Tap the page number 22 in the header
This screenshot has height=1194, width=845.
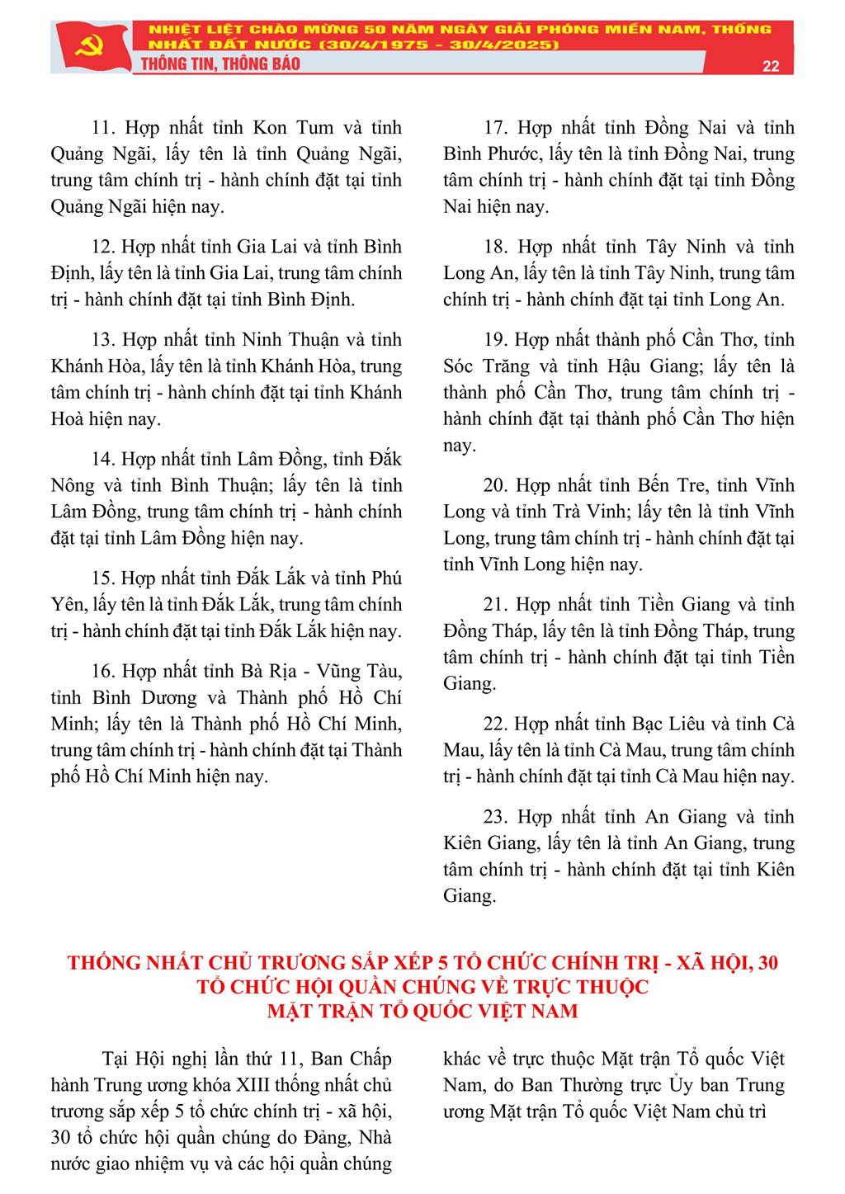[x=771, y=67]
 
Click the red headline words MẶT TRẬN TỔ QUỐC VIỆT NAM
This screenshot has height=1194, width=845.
[x=422, y=1011]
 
